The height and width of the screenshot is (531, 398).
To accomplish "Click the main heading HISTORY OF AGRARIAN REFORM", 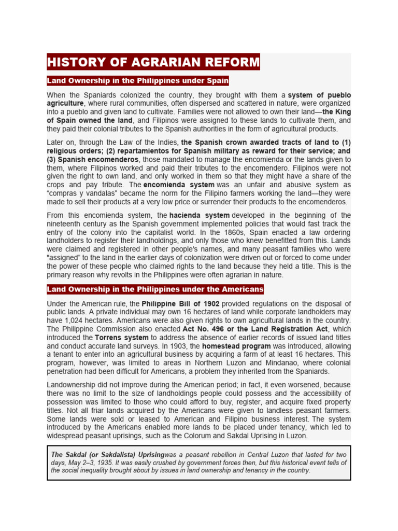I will pos(153,62).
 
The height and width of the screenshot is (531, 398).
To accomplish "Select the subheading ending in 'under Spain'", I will pos(138,81).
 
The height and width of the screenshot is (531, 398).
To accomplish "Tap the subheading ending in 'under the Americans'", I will pos(155,289).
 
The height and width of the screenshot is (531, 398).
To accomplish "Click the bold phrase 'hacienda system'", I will pos(200,215).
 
